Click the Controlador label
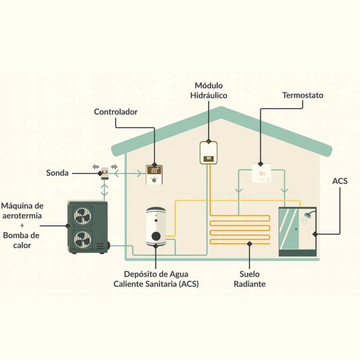tap(115, 112)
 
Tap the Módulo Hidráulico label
tap(209, 90)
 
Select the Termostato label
tap(302, 95)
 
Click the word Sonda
tap(57, 173)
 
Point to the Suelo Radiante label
tap(249, 279)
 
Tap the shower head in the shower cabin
tap(307, 217)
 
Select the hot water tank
tap(155, 227)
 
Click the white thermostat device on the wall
tap(262, 173)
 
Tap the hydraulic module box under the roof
tap(209, 153)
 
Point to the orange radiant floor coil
tap(240, 230)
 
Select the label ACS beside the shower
tap(340, 181)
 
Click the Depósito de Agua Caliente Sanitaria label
tap(156, 279)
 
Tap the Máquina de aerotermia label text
tap(22, 210)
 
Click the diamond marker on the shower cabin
tap(316, 233)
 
